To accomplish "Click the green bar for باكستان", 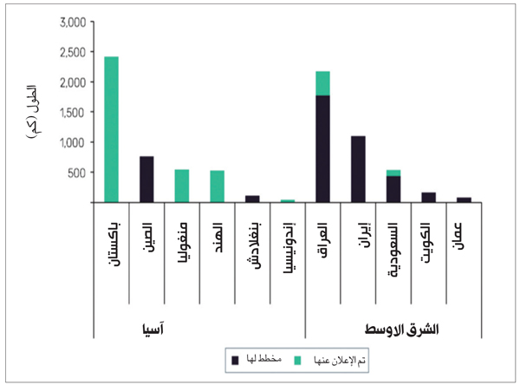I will [111, 129].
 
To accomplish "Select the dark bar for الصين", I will [146, 179].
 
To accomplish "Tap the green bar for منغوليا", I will [182, 186].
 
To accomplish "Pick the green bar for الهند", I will [217, 186].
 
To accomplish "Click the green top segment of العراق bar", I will [322, 83].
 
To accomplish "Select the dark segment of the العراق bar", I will [322, 148].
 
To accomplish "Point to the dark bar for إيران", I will [358, 169].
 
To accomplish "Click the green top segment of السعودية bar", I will [393, 173].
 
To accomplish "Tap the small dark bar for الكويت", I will [428, 198].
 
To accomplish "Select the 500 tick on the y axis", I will [75, 172].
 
